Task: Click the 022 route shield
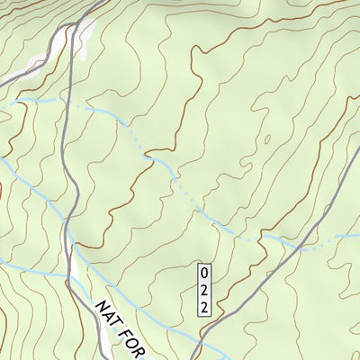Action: (204, 289)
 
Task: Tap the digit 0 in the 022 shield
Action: (204, 272)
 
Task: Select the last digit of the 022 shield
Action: (204, 307)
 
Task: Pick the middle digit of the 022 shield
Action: (204, 290)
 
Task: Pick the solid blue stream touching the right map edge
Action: (347, 236)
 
